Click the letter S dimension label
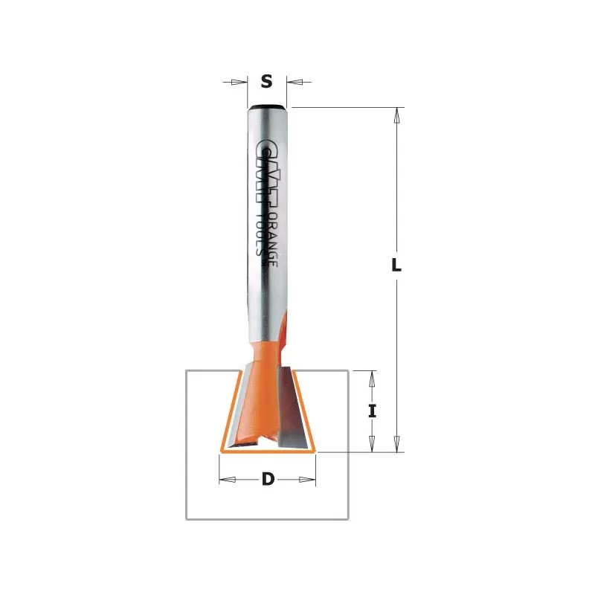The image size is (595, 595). (x=267, y=82)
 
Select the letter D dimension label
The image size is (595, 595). (x=268, y=480)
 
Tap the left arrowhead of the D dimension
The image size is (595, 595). (x=228, y=480)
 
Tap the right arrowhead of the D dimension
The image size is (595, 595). (x=308, y=480)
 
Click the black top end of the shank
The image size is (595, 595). (x=267, y=107)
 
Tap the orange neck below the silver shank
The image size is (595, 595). (x=267, y=350)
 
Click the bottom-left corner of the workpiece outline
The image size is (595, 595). (x=186, y=519)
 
